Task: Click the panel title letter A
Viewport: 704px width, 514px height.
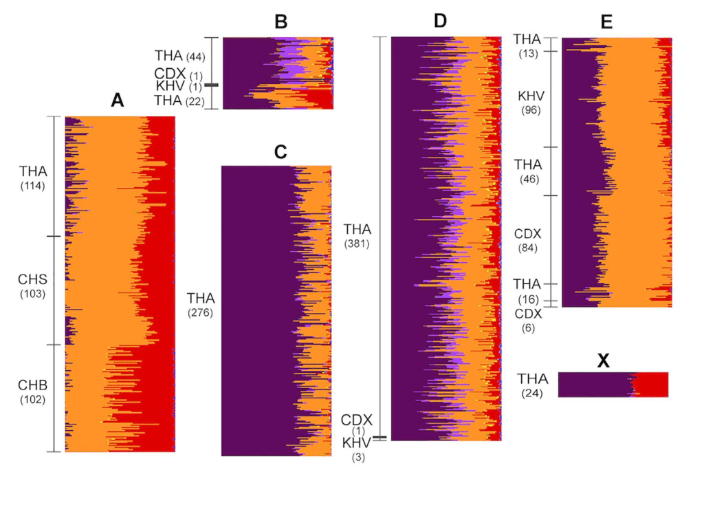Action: pos(117,101)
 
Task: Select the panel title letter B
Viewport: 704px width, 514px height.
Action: pos(280,22)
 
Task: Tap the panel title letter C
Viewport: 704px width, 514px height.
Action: pos(280,153)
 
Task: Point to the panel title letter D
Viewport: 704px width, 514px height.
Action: pos(441,22)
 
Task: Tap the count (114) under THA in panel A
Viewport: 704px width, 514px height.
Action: pos(33,184)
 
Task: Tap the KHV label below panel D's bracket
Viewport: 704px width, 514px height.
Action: pos(357,442)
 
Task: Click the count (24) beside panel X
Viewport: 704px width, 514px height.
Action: pos(533,392)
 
